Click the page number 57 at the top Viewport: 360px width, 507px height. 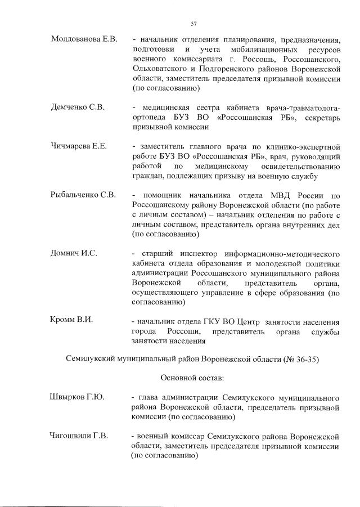coord(193,23)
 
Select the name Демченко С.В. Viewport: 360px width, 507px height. coord(77,107)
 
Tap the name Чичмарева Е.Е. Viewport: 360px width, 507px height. coord(79,146)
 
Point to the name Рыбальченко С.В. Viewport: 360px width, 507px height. coord(83,195)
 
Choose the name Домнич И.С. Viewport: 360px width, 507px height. coord(74,253)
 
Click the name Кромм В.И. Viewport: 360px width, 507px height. coord(71,320)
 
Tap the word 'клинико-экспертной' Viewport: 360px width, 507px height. coord(304,146)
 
